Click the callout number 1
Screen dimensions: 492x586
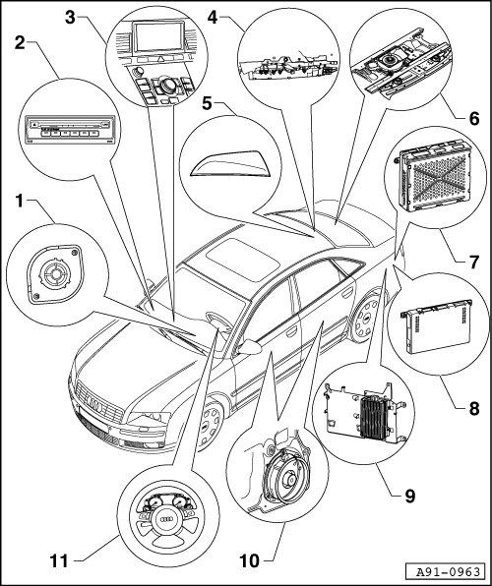coord(20,201)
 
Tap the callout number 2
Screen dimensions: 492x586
coord(20,42)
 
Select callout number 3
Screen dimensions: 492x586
coord(70,17)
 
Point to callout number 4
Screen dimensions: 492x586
coord(213,17)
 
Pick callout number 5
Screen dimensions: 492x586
coord(207,103)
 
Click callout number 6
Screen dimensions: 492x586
coord(473,119)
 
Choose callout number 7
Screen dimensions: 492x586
coord(474,262)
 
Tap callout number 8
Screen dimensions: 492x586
coord(474,408)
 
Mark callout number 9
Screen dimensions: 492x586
coord(410,497)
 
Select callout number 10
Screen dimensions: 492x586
coord(249,560)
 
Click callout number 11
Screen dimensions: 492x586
coord(60,560)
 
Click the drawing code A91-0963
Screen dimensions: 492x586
coord(449,572)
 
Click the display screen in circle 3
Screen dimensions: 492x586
coord(159,36)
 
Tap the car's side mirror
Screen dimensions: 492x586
coord(250,347)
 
